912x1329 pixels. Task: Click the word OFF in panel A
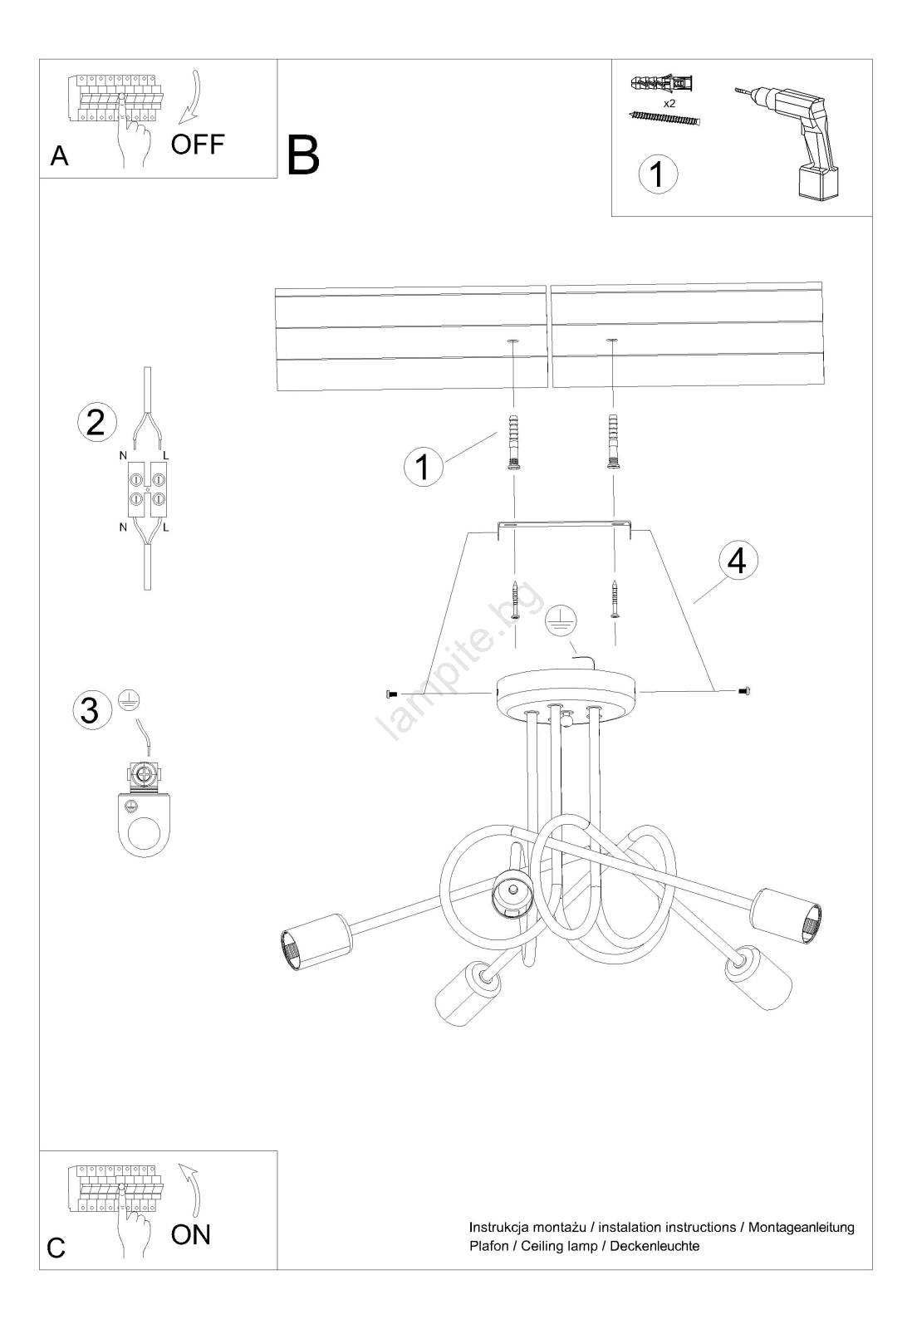point(198,144)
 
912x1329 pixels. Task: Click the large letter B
point(303,155)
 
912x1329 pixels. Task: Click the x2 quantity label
point(669,103)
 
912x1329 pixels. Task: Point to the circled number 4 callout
point(738,560)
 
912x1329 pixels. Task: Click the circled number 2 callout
point(96,423)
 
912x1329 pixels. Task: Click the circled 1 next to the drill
point(658,174)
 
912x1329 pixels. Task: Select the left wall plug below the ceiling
point(514,442)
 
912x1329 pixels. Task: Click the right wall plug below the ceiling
point(613,442)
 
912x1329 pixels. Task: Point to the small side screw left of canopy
point(391,693)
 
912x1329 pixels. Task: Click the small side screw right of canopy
point(744,690)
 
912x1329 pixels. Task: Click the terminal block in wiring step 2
point(148,488)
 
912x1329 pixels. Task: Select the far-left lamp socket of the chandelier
point(316,949)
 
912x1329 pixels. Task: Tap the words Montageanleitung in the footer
point(801,1227)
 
